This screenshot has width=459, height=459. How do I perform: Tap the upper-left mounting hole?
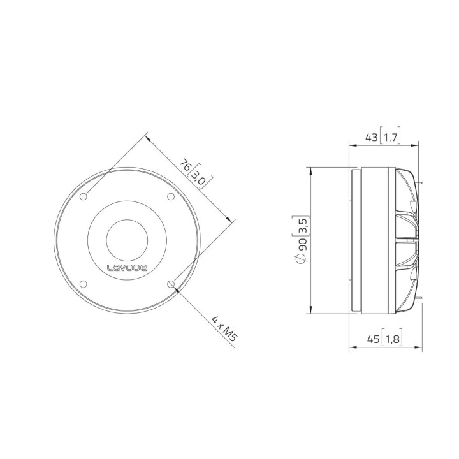[x=84, y=196]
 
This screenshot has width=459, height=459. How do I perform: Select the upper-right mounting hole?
[x=170, y=196]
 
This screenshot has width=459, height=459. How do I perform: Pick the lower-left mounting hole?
[x=84, y=283]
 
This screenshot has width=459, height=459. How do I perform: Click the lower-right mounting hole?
[x=170, y=283]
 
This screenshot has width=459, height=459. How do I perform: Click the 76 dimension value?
[x=186, y=167]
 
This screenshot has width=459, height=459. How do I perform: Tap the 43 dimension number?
[x=370, y=136]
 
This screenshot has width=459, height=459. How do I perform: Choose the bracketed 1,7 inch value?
[x=390, y=136]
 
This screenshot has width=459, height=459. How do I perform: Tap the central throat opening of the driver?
[x=127, y=240]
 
